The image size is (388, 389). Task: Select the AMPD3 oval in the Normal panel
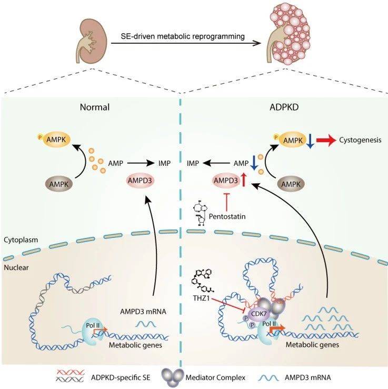click(140, 181)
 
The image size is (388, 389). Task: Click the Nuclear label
click(16, 267)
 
